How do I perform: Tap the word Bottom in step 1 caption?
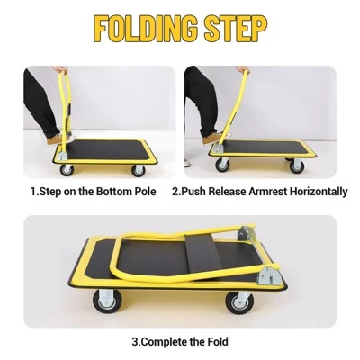tap(114, 192)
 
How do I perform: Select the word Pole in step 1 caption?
tap(145, 192)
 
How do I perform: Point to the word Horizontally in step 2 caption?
tap(315, 192)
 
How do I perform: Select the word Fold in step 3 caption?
tap(214, 341)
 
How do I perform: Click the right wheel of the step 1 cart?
tap(138, 169)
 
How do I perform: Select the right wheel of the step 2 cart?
tap(296, 166)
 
